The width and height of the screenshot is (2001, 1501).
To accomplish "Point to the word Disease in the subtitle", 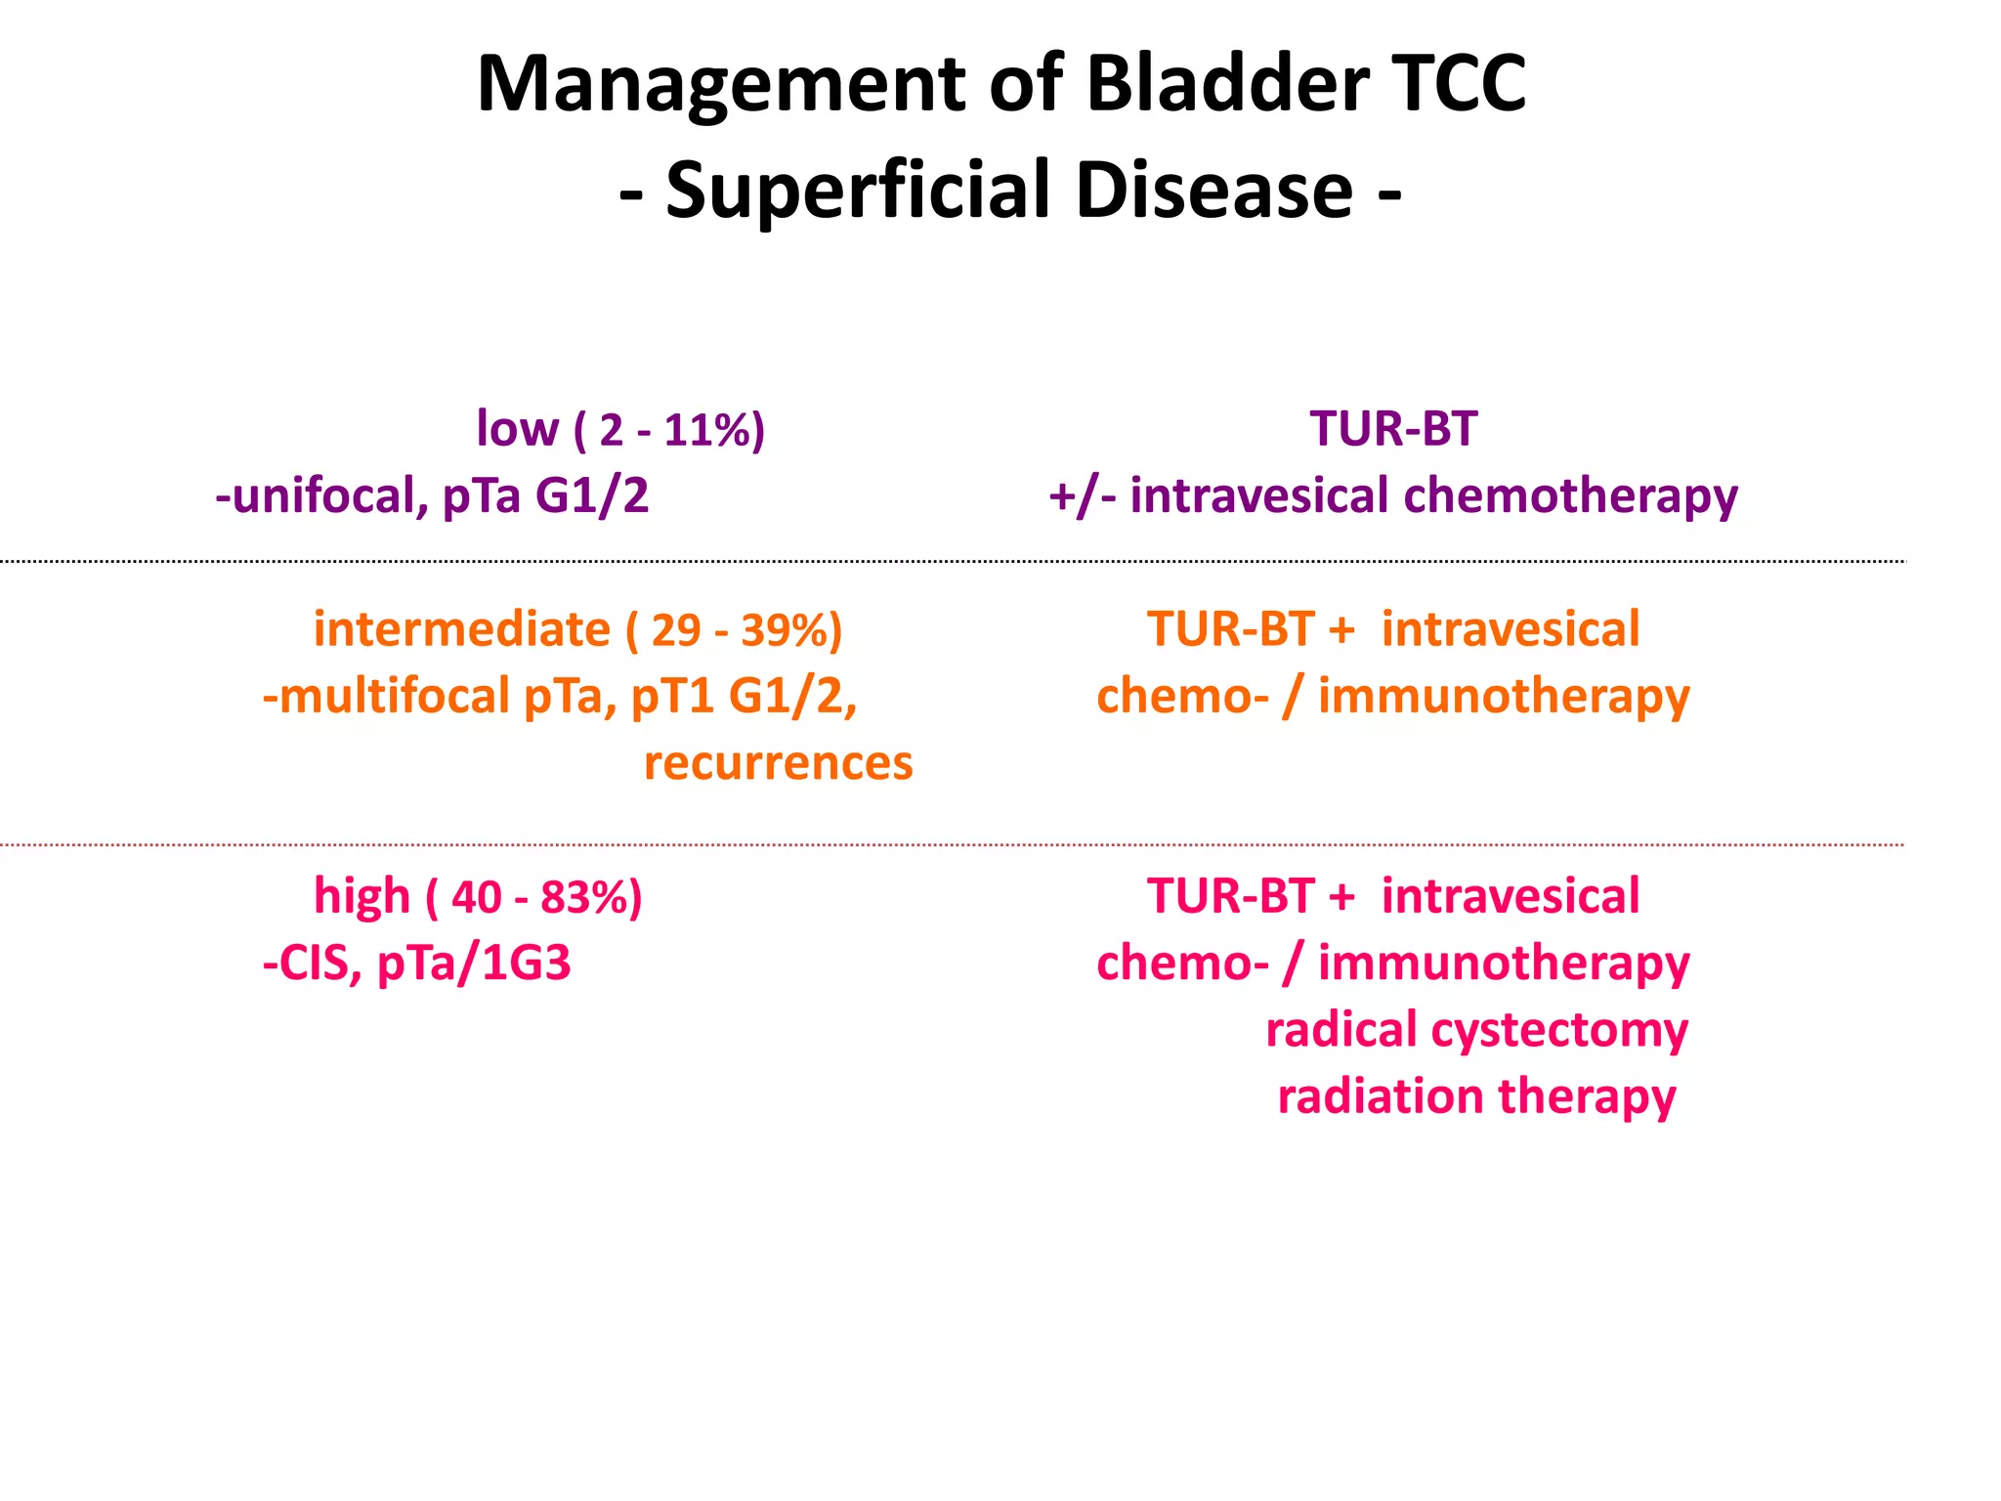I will point(1214,190).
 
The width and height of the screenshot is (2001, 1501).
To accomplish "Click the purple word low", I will point(517,429).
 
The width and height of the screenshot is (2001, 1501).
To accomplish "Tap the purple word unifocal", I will point(328,495).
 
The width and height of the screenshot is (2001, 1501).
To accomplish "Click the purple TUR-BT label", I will point(1393,429).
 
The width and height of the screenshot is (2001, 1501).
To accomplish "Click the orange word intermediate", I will point(461,629).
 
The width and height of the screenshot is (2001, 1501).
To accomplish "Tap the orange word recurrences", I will point(778,763).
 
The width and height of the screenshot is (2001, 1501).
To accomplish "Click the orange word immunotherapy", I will point(1503,697).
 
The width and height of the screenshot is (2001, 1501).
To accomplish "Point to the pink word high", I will point(362,897).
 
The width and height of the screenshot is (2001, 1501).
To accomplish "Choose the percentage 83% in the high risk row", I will point(585,897).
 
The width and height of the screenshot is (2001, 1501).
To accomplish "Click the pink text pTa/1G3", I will point(474,964).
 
